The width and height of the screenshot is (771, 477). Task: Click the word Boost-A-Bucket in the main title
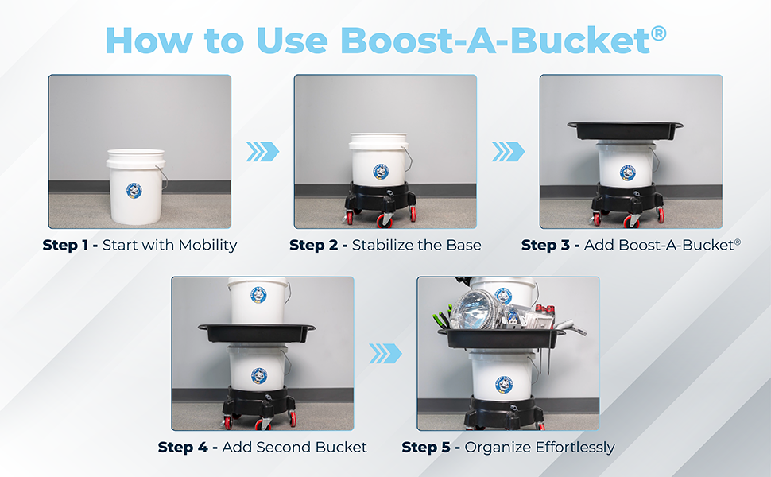coord(495,40)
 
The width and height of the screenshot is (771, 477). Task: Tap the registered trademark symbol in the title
coord(658,33)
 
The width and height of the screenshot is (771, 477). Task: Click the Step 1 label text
coord(66,245)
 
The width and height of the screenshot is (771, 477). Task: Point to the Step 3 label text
coord(546,245)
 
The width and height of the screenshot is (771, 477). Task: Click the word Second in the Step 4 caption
coord(283,447)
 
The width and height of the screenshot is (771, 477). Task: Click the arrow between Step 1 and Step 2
coord(262,152)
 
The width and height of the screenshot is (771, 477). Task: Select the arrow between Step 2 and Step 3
coord(509,152)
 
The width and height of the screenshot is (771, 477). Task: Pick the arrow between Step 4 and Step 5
coord(385,354)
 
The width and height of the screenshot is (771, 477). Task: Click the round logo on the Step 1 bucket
coord(134,190)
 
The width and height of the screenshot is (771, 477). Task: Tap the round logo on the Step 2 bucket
coord(381,172)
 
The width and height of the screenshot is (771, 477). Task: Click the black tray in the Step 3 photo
coord(625,130)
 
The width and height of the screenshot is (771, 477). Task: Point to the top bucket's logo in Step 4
coord(258,295)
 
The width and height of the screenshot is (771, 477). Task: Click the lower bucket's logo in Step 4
coord(259,376)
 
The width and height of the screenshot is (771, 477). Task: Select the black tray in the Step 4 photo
coord(257,333)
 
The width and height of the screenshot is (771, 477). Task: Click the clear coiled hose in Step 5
coord(472,308)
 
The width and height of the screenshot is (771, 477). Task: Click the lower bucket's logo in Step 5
coord(504,383)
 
